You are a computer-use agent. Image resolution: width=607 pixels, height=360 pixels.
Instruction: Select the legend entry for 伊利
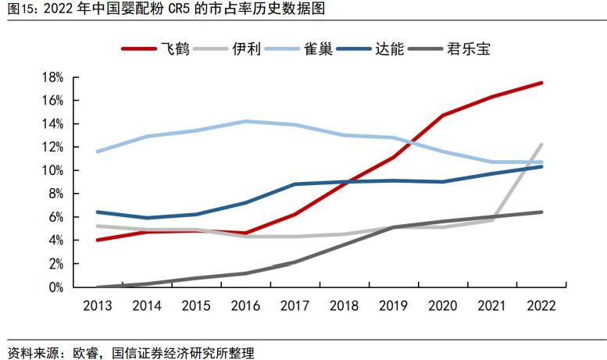click(x=241, y=48)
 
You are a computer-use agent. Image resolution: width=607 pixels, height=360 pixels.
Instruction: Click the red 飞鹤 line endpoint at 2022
click(x=542, y=83)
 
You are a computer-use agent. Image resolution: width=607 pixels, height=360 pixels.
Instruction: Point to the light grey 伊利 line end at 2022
click(x=542, y=144)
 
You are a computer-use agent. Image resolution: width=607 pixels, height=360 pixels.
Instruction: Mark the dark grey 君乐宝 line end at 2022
click(x=542, y=212)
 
